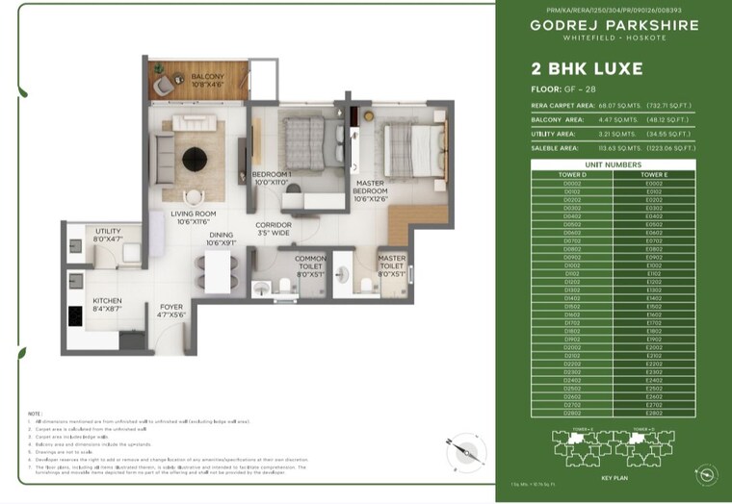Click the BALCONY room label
coord(207,81)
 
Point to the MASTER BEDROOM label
coord(371,190)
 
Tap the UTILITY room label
coord(108,235)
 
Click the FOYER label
coord(170,312)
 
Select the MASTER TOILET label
coord(391,265)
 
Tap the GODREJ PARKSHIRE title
coord(614,26)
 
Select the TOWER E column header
coord(653,175)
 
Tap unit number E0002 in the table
coord(653,183)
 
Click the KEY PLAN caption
coord(614,475)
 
